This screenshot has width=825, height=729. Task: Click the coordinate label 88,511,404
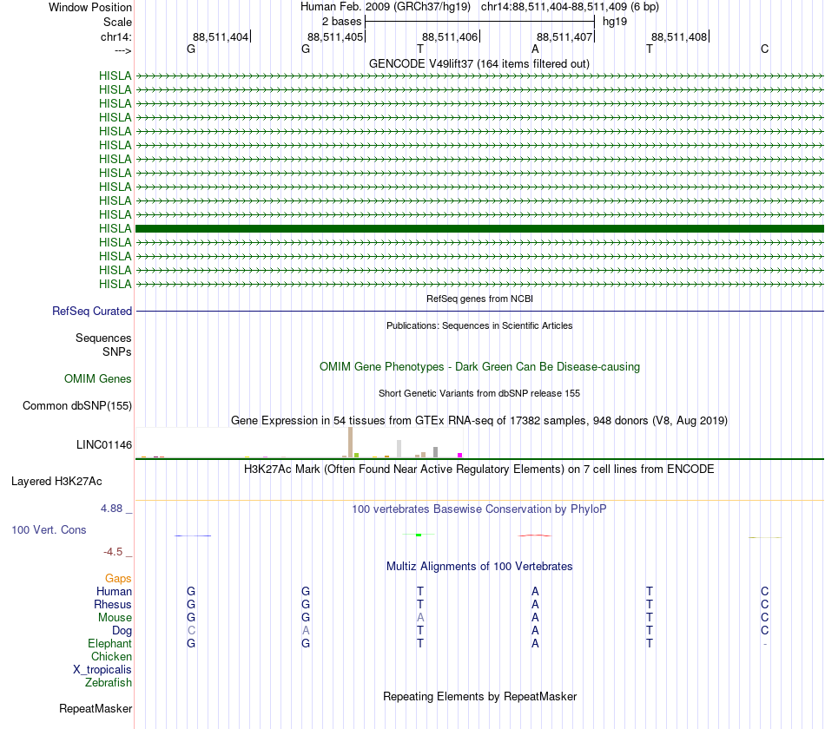(221, 36)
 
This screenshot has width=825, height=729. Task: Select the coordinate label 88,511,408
(679, 36)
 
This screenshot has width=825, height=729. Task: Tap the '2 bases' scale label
(341, 21)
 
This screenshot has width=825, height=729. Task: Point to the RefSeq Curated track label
(92, 311)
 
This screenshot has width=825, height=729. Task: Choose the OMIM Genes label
(98, 378)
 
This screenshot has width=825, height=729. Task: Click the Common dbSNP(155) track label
(77, 405)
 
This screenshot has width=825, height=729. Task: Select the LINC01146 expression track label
(104, 445)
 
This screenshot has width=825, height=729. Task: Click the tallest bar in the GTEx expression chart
(350, 442)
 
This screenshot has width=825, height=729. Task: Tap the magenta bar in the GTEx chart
(460, 455)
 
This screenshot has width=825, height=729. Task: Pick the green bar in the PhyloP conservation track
(419, 535)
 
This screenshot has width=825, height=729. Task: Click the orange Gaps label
(118, 578)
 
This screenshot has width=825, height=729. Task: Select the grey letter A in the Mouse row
(420, 617)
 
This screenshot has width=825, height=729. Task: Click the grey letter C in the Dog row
(191, 630)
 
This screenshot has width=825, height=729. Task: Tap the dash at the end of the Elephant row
(764, 644)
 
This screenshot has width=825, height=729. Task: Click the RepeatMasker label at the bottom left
(96, 709)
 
